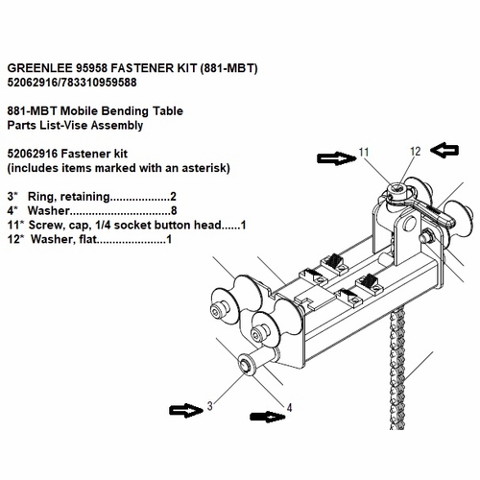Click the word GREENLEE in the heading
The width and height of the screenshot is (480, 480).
(x=40, y=68)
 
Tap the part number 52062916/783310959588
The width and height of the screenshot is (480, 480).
(x=72, y=83)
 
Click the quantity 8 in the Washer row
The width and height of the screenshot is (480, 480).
(x=174, y=211)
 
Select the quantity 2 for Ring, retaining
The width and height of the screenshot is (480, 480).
(x=173, y=197)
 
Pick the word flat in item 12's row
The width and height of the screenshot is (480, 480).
(x=86, y=239)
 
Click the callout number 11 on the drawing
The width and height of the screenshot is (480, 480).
(x=364, y=152)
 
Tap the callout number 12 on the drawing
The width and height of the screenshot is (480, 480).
(x=415, y=152)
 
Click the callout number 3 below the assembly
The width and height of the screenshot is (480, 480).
(x=210, y=406)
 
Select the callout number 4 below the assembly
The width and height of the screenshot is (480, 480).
(x=289, y=408)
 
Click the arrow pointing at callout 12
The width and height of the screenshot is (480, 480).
(x=444, y=151)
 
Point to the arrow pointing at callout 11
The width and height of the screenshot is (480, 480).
(x=337, y=158)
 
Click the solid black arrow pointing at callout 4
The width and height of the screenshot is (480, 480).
(x=268, y=417)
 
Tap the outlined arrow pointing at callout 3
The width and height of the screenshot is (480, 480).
(x=186, y=410)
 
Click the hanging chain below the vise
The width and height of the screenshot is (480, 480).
(x=397, y=369)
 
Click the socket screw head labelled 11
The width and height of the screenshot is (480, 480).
(x=397, y=189)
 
